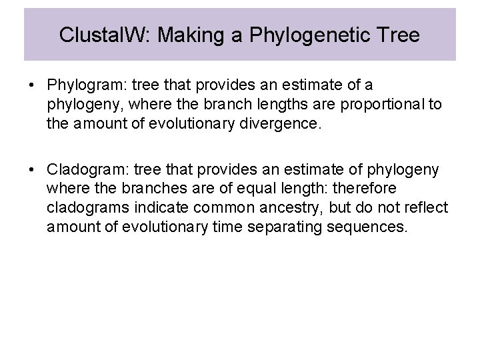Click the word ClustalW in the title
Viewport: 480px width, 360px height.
tap(91, 35)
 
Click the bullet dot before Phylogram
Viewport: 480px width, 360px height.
tap(31, 85)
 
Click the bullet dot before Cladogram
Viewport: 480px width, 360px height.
tap(31, 170)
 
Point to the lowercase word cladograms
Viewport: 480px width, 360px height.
tap(85, 209)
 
